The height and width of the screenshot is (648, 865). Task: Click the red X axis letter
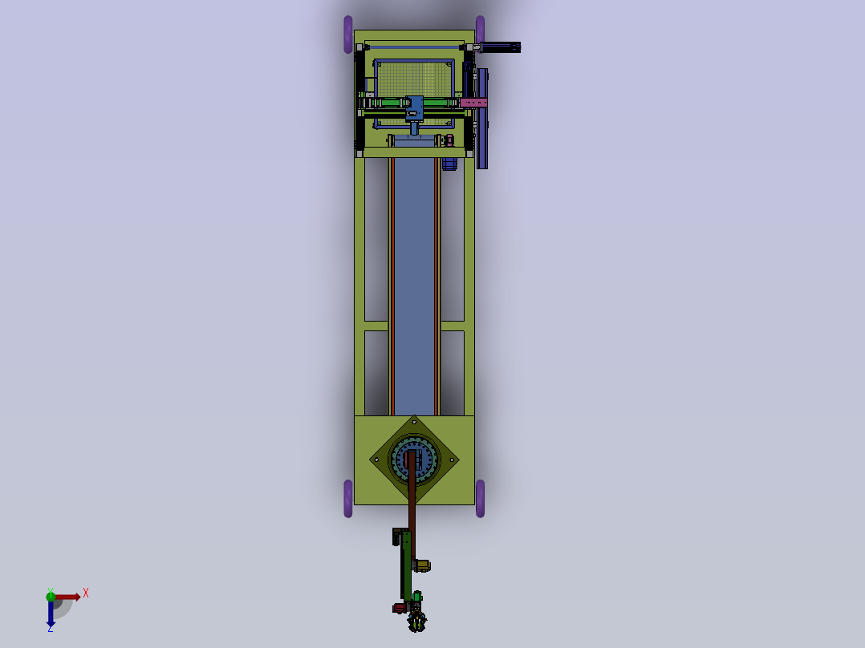pos(86,593)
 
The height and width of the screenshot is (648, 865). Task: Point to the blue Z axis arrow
pos(51,614)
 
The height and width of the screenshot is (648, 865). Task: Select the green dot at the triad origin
pos(51,595)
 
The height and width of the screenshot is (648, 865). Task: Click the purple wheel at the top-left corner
pos(348,34)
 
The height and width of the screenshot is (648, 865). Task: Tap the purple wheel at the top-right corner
pos(480,30)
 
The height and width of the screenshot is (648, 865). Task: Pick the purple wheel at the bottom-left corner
pos(348,498)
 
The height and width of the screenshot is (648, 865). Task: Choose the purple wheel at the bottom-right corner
pos(480,498)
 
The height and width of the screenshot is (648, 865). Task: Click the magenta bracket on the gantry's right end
pos(473,103)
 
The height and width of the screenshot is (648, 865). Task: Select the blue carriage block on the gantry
pos(415,107)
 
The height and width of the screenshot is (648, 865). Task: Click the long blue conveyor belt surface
pos(414,281)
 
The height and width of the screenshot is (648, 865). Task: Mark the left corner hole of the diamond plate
pos(376,460)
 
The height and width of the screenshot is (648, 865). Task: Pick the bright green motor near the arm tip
pos(417,596)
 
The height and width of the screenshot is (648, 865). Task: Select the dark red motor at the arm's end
pos(399,609)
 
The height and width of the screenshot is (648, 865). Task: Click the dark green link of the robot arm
pos(407,565)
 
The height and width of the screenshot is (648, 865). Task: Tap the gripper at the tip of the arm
pos(416,621)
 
